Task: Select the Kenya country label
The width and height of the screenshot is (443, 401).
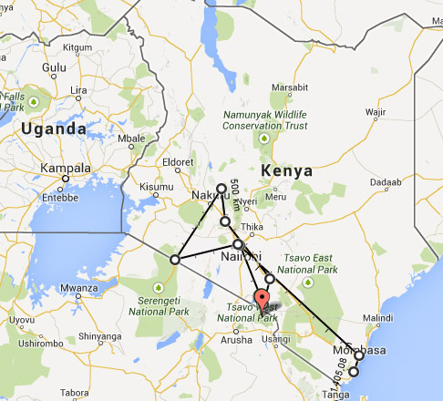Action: point(287,170)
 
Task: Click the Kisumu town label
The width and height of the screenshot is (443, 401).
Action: point(156,187)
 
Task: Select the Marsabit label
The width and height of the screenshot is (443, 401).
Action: point(289,87)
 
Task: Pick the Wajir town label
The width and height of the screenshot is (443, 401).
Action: point(376,113)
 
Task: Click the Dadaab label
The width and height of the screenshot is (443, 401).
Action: point(386,182)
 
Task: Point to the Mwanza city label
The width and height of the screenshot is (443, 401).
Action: point(78,289)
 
